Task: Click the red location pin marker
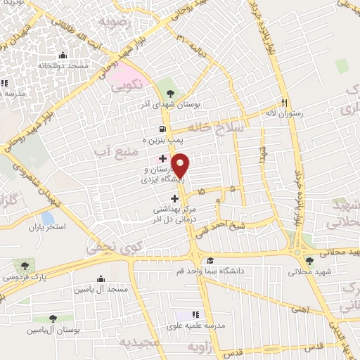180,165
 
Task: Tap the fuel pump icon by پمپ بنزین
163,129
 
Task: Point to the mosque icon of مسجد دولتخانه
63,55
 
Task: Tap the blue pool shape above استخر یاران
48,218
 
